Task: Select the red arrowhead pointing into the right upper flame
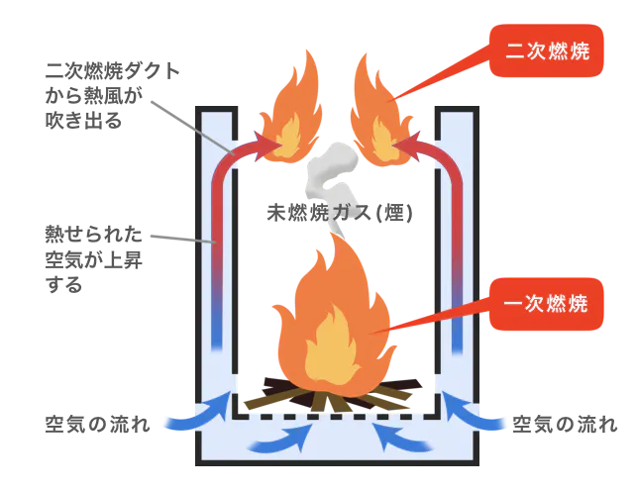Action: tap(408, 147)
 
